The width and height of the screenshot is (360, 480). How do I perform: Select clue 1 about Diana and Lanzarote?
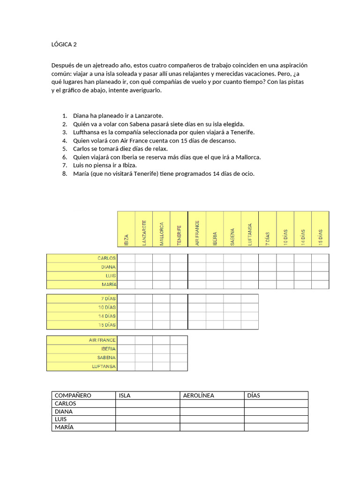118,115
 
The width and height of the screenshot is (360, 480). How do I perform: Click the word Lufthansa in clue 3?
88,132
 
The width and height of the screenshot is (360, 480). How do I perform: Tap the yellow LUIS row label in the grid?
82,276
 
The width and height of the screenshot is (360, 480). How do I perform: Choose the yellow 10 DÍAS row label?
82,307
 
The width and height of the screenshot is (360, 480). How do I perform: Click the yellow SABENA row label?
82,358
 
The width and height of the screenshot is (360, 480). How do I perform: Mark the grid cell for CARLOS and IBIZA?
126,258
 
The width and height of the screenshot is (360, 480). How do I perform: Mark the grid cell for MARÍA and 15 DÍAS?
320,285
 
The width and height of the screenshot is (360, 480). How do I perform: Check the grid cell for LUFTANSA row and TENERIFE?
179,367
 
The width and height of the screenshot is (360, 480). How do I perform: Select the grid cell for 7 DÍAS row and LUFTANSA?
249,299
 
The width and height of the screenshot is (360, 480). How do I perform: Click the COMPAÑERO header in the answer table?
73,395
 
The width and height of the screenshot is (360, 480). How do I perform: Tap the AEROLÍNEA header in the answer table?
198,395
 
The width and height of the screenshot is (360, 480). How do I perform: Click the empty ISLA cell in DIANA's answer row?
148,411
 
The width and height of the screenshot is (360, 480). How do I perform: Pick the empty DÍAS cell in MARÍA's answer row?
276,427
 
